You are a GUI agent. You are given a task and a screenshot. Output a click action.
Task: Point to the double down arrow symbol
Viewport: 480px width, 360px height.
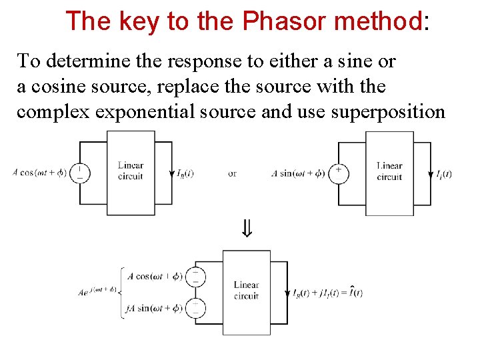[247, 231]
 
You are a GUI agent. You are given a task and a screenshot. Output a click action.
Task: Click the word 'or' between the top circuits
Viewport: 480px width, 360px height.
[232, 173]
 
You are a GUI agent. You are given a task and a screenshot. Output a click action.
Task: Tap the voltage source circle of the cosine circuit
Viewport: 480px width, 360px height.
[80, 173]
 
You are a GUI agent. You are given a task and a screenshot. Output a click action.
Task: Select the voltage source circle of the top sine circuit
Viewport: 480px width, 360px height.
[339, 173]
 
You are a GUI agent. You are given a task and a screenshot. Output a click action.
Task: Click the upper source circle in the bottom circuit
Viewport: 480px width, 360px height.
[195, 276]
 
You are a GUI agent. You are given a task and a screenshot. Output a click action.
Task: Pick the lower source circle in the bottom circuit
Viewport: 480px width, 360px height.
[195, 308]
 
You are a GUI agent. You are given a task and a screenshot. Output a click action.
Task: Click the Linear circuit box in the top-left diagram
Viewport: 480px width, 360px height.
[131, 173]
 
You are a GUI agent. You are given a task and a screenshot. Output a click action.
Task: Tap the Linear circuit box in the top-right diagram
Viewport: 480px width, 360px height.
[389, 173]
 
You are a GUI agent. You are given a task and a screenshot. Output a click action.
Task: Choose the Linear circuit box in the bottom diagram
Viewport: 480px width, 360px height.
[247, 292]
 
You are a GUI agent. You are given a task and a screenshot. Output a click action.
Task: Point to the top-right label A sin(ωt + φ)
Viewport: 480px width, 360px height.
[298, 173]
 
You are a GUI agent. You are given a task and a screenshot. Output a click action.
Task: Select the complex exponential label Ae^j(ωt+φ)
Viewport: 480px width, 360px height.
[97, 291]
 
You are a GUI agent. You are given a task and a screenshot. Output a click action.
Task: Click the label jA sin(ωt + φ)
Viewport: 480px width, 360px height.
[154, 308]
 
